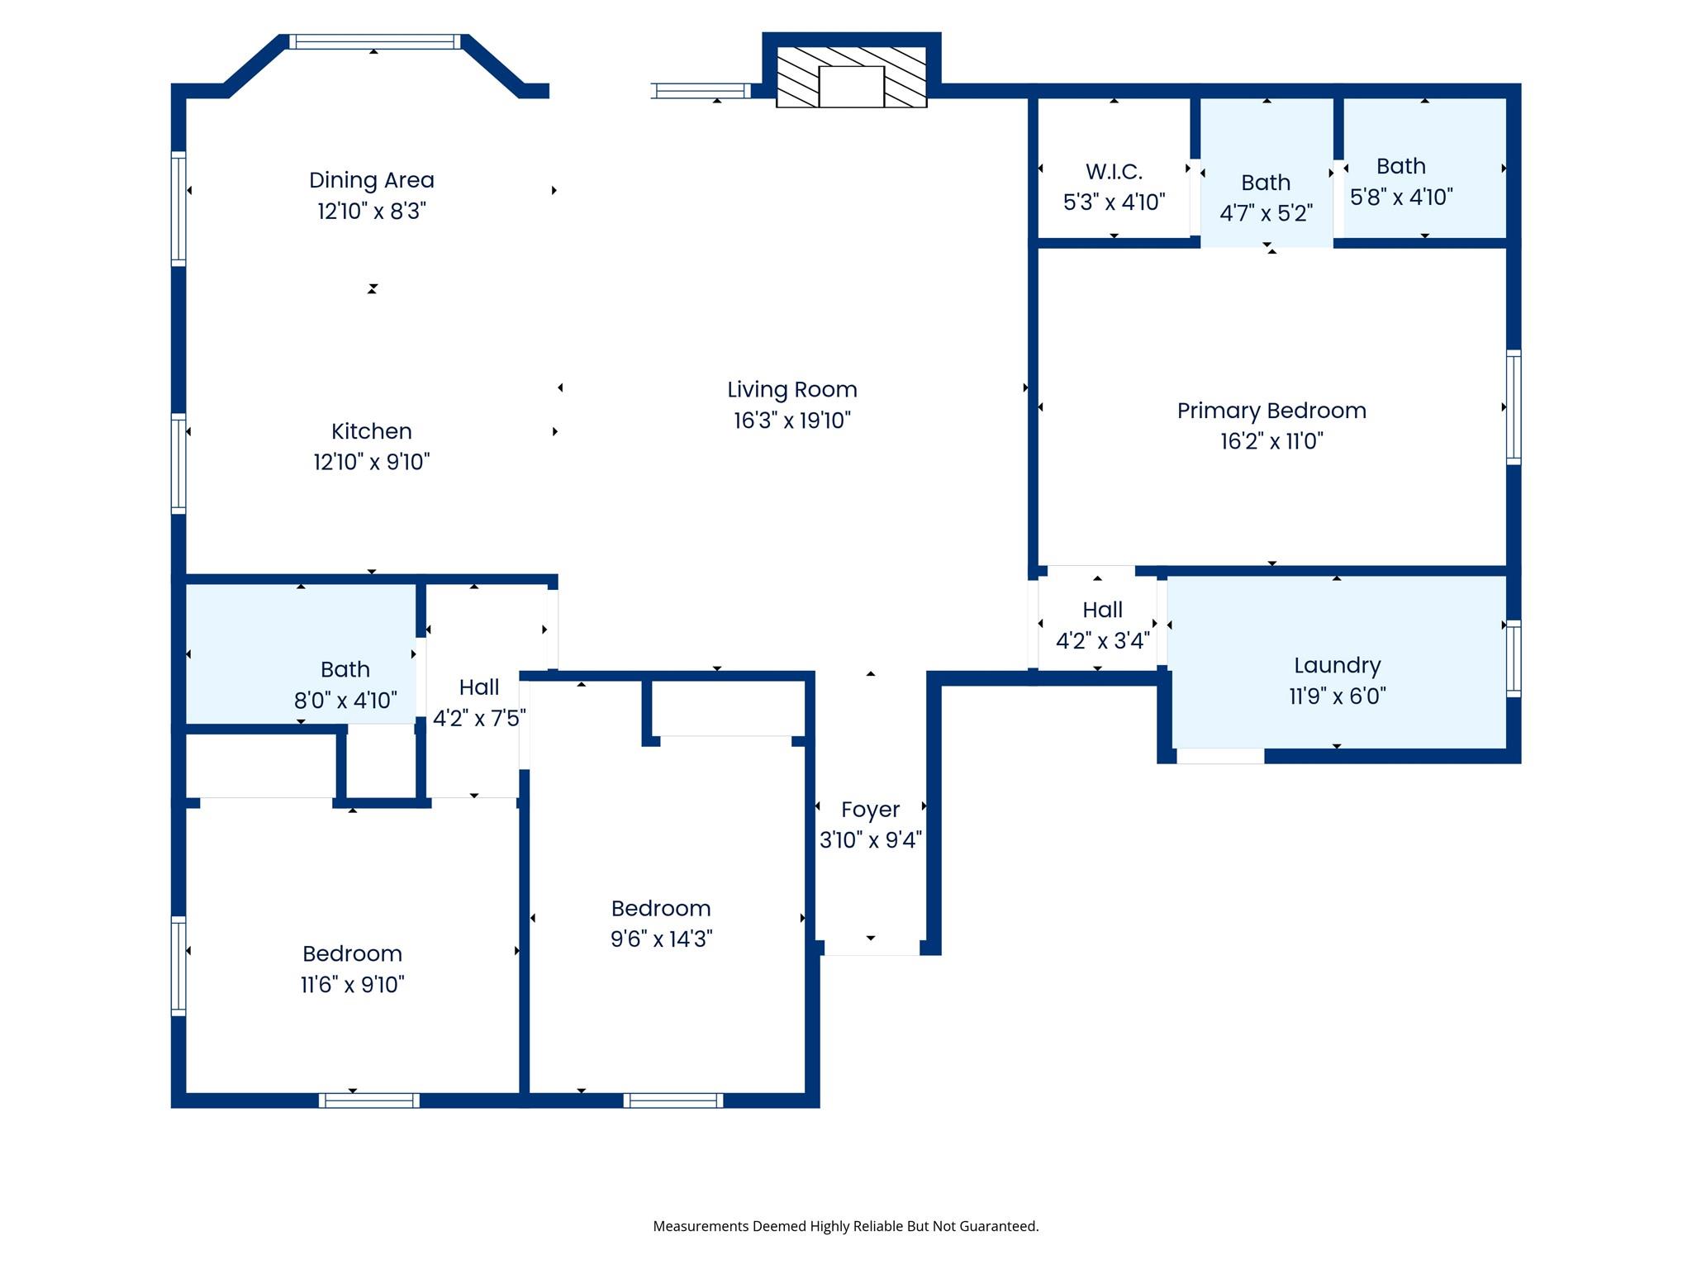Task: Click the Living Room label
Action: [791, 390]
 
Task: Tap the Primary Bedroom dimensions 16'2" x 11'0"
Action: [1271, 441]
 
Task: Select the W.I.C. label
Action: [1114, 172]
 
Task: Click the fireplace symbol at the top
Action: [851, 77]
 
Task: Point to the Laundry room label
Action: [1337, 666]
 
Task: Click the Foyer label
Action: [870, 810]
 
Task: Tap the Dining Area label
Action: [372, 180]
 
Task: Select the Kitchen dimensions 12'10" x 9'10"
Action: [372, 462]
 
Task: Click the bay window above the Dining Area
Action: [374, 42]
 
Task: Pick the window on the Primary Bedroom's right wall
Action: [1514, 406]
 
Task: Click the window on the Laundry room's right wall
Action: [1514, 658]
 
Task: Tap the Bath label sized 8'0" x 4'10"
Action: [345, 669]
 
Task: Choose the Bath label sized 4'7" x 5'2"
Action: [1266, 183]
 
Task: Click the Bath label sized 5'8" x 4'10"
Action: [1401, 166]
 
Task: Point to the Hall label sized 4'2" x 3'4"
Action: [1102, 611]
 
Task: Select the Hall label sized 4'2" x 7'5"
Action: [479, 687]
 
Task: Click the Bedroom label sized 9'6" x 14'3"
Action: [661, 909]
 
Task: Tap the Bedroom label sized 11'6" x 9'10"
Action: [352, 954]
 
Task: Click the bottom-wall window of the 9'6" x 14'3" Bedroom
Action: [673, 1100]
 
